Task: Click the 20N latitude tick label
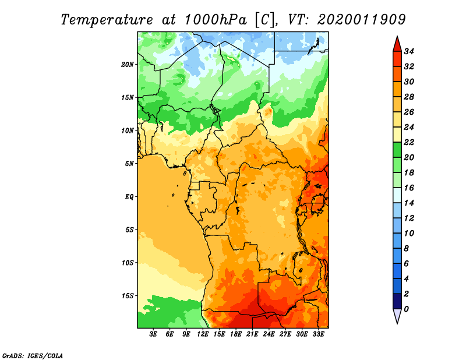pos(127,65)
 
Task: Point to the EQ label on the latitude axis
pos(129,196)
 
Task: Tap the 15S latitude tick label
pos(128,296)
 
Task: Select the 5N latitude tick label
pos(129,164)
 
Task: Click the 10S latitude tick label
pos(128,263)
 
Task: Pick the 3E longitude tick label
pos(153,334)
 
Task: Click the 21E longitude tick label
pos(252,334)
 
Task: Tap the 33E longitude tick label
pos(318,334)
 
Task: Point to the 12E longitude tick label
pos(203,334)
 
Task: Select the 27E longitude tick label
pos(285,334)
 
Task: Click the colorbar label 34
pos(409,51)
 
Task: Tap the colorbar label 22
pos(409,142)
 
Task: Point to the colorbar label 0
pos(406,309)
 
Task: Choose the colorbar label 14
pos(409,203)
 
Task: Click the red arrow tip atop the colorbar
pos(397,37)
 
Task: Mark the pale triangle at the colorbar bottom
pos(397,316)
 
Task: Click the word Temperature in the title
pos(107,20)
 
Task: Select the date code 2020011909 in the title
pos(361,20)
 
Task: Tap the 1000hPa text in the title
pos(216,20)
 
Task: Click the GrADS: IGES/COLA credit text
pos(33,355)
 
